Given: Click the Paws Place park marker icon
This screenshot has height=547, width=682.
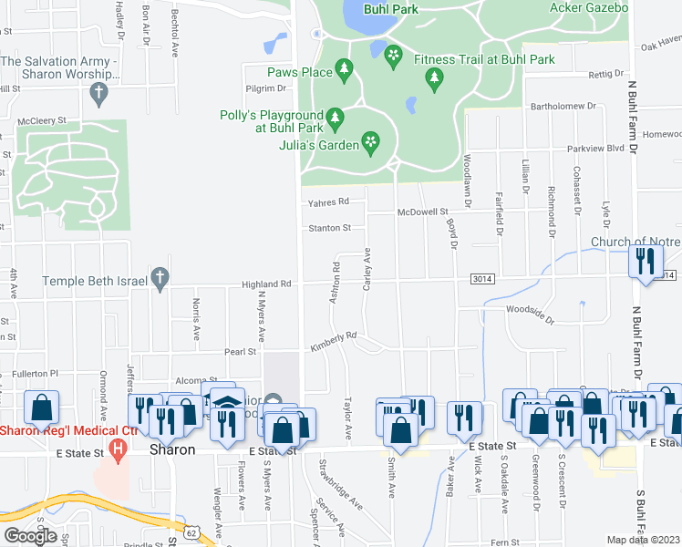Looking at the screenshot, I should pos(344,68).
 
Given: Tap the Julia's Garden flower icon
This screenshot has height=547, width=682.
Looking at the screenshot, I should pos(370,141).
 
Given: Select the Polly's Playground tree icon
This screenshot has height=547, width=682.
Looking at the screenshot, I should pos(336,118).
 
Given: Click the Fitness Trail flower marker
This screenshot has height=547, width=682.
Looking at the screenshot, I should pos(393,57).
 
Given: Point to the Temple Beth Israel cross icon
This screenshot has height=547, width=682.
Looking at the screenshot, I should pos(160,278).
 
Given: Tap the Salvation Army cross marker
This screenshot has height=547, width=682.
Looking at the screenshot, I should pos(99,92).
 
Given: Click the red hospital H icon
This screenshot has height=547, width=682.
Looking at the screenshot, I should pos(117,448).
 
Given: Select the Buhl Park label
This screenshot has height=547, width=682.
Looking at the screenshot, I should pos(389,9).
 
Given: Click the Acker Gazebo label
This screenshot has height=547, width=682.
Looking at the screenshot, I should pos(589,8).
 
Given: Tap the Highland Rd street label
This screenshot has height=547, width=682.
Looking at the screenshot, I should pos(266,284).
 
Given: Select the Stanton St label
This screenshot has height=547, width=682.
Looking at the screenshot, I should pos(329,227).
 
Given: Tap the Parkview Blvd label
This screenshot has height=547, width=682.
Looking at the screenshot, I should pos(595,148).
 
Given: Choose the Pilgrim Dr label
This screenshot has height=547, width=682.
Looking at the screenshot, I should pos(265,88).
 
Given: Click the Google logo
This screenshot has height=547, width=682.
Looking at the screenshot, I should pos(30,536).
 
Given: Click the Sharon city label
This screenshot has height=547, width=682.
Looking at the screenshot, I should pos(172,450).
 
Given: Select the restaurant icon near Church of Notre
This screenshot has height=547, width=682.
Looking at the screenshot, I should pos(646,261).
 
